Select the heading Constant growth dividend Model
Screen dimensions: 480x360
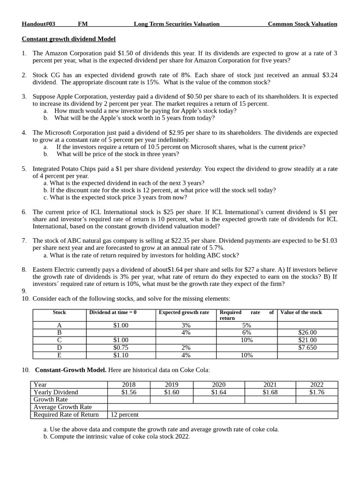point(68,39)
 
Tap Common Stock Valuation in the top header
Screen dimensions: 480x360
point(302,24)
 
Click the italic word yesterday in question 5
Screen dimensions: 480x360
point(189,169)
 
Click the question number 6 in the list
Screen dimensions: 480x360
point(24,212)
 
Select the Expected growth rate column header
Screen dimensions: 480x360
point(184,312)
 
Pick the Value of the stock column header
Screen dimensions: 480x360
point(301,312)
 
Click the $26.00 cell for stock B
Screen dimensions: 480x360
point(307,332)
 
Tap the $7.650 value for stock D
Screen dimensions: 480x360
point(307,347)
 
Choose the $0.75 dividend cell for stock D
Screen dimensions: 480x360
point(120,347)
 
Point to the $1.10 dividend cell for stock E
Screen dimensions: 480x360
point(120,355)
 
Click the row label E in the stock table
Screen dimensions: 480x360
point(59,355)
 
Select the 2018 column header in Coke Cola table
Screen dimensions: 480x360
point(129,385)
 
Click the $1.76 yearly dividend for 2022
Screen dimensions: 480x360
point(317,392)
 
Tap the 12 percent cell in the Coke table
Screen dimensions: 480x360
point(125,415)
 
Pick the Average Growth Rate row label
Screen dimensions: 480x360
point(63,407)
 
